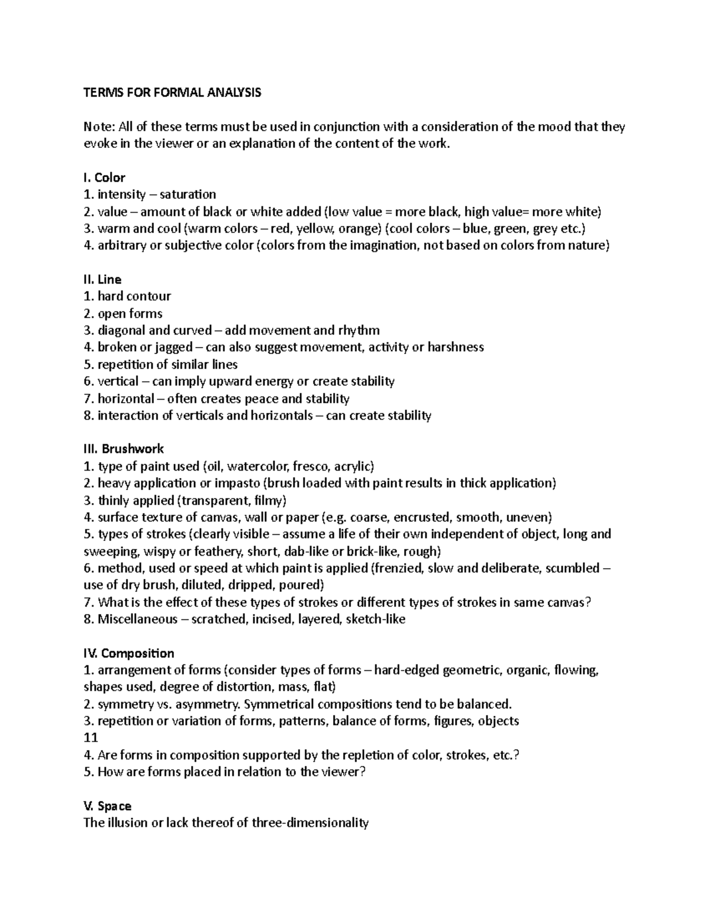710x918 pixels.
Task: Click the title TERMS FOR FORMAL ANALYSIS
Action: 172,93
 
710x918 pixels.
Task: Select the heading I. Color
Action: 104,178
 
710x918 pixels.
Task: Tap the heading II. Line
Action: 102,280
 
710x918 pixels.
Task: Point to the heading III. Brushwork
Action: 124,449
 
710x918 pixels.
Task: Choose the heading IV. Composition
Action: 128,653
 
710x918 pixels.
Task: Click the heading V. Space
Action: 107,806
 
